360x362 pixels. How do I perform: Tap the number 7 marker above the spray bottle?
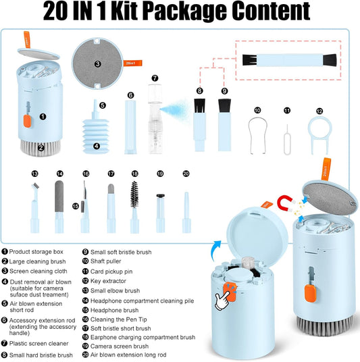(x=155, y=78)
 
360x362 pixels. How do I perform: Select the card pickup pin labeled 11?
(x=287, y=140)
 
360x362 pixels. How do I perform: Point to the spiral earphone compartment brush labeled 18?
(x=134, y=207)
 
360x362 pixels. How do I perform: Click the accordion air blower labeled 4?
(x=96, y=136)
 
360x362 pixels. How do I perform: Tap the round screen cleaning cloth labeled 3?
(x=97, y=63)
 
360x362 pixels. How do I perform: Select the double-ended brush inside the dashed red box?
(x=289, y=60)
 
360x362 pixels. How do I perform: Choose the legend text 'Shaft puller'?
(x=105, y=261)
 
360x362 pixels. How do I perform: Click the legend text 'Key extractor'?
(x=108, y=281)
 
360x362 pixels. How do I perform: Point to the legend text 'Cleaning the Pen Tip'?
(x=118, y=319)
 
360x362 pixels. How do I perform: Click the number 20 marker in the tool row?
(x=186, y=174)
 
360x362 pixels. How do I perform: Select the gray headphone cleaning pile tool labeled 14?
(x=59, y=207)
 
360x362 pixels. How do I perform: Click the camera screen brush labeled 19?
(x=160, y=213)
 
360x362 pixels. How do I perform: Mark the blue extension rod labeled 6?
(x=130, y=127)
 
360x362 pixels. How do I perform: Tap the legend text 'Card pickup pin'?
(x=111, y=271)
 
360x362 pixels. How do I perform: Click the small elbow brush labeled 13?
(x=34, y=208)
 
